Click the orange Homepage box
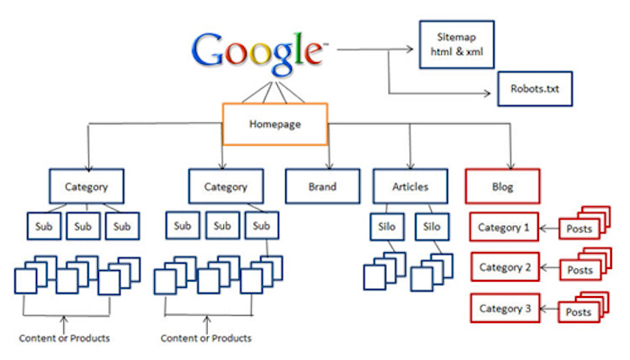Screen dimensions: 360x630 tap(275, 125)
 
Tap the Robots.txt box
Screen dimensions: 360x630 tap(534, 90)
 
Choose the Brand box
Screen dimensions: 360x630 tap(322, 187)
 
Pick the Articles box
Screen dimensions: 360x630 tap(411, 187)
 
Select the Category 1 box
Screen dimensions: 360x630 tap(503, 228)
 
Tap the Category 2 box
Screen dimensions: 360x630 tap(503, 267)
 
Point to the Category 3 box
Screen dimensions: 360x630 tap(503, 308)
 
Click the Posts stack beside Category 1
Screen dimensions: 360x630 tap(580, 229)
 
